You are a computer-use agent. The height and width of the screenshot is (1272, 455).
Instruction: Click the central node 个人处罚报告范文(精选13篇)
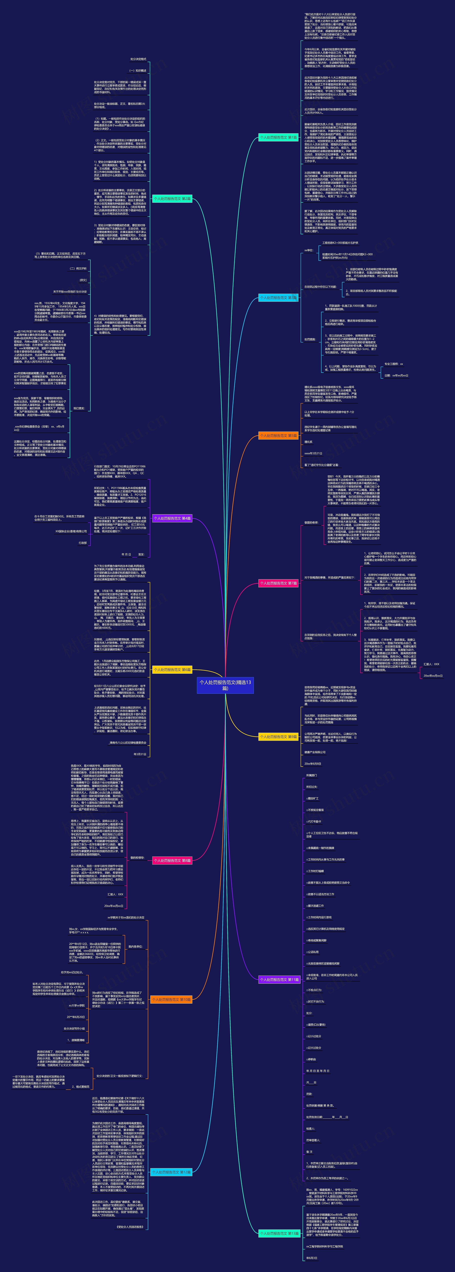(x=225, y=685)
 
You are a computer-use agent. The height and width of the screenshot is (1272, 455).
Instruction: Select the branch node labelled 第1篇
(x=278, y=137)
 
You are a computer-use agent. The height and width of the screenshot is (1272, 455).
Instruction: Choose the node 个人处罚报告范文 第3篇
(x=278, y=298)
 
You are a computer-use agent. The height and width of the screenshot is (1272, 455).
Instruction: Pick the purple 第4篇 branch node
(x=172, y=519)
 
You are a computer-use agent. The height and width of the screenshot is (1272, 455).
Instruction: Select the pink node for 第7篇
(x=278, y=583)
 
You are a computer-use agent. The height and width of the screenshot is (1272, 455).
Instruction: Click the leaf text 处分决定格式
(x=138, y=59)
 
